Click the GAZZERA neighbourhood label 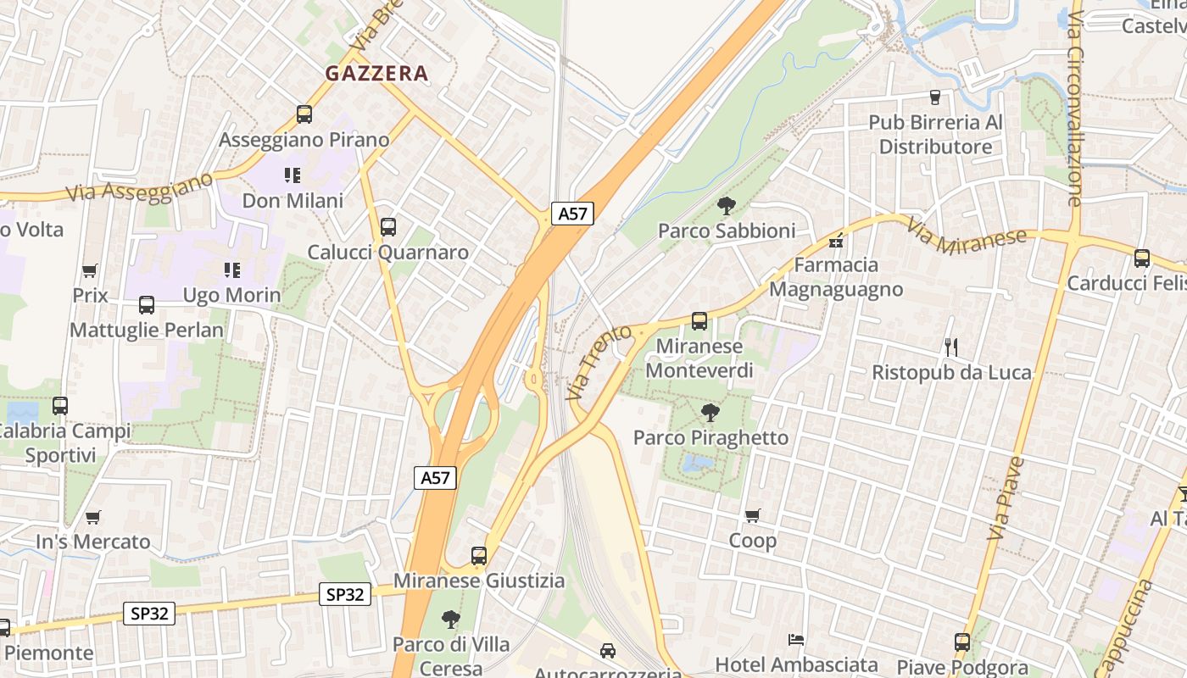[376, 74]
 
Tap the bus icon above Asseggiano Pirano [304, 114]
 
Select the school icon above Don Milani [293, 175]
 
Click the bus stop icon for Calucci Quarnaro [388, 226]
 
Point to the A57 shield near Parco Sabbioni [572, 213]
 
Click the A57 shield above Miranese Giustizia [436, 477]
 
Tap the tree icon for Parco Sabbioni [726, 204]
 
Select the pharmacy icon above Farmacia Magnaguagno [836, 241]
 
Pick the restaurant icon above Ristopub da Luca [951, 347]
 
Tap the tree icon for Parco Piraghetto [710, 413]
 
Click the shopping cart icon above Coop [752, 515]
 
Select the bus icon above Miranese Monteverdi [699, 320]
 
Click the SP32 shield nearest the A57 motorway [345, 594]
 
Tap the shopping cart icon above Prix [90, 270]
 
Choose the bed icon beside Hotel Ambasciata [795, 638]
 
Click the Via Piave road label [1006, 499]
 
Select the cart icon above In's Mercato [93, 516]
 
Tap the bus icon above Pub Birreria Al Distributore [935, 97]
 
